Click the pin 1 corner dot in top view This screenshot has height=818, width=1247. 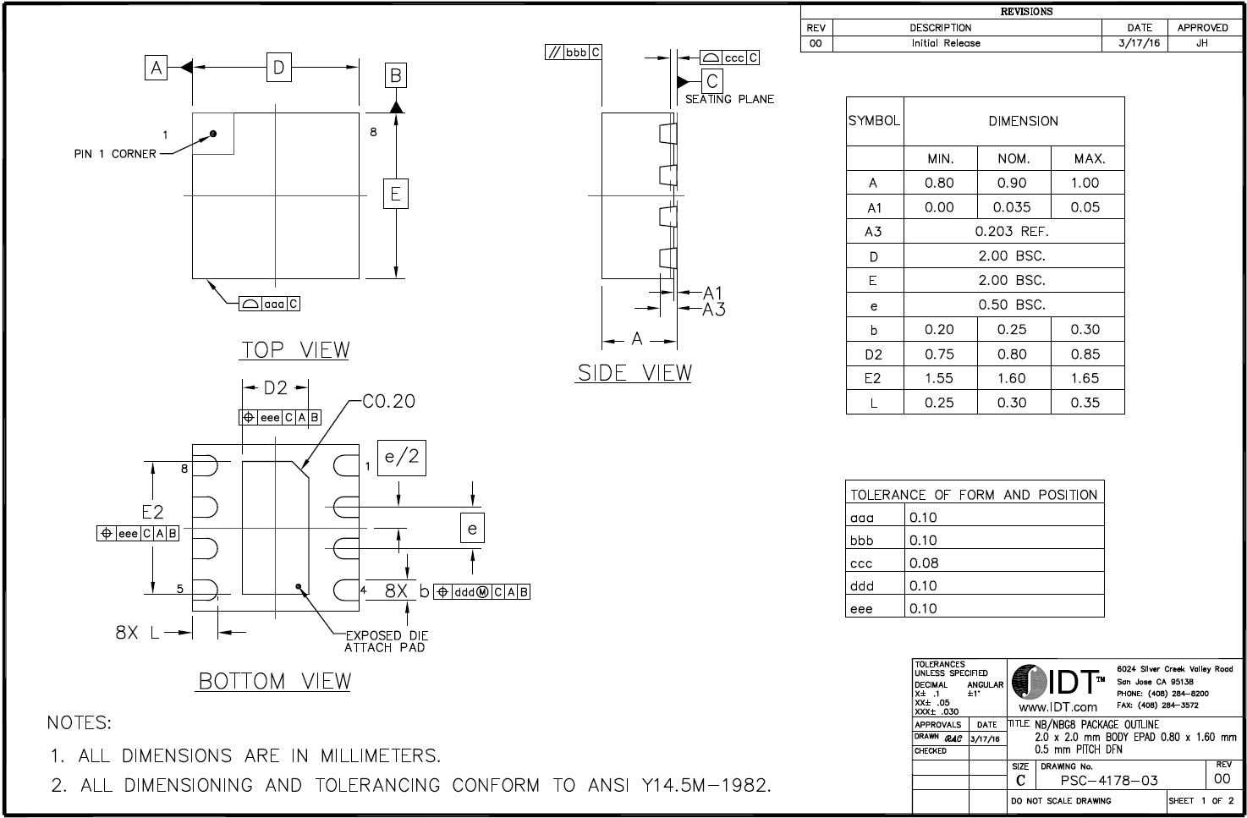[213, 134]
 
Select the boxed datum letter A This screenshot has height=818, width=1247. [156, 68]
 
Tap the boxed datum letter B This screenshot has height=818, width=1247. [395, 76]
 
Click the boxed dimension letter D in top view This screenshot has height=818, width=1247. [279, 67]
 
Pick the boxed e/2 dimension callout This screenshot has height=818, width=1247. [402, 458]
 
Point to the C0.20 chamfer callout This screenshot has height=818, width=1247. [388, 401]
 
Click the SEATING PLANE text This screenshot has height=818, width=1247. [729, 99]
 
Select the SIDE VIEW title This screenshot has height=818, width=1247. [634, 373]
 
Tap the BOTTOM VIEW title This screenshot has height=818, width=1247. [275, 681]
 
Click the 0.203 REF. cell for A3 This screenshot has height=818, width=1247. [1012, 231]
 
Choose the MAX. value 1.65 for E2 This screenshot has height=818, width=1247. [1085, 378]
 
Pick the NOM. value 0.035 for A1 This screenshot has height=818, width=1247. [1012, 207]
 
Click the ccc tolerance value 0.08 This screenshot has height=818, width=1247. [924, 563]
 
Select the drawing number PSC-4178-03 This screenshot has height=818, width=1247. [1109, 780]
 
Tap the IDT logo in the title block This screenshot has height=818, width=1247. [1054, 683]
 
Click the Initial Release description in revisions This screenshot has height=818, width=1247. [946, 43]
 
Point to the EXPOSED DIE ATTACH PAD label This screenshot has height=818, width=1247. [386, 641]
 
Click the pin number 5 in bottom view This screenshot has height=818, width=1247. [179, 590]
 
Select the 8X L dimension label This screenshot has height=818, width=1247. [137, 632]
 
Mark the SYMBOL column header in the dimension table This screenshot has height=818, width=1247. [874, 121]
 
